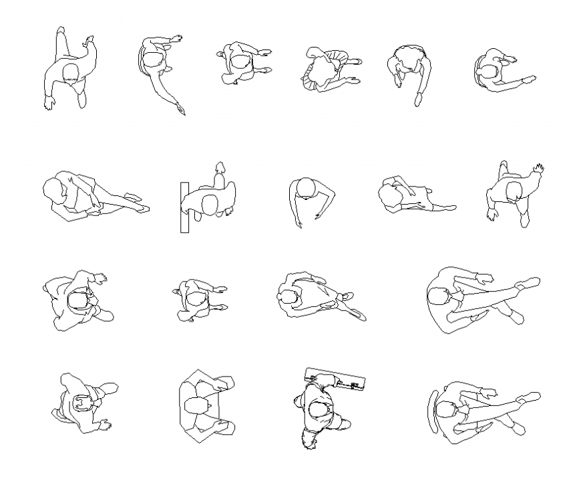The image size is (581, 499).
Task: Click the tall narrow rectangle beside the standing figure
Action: coord(184,207)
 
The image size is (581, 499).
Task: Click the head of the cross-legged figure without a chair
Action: coord(437,296)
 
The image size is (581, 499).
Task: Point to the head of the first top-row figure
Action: coord(71,73)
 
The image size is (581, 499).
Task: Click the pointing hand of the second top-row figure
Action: coord(180,108)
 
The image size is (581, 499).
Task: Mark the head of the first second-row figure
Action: coord(55,189)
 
